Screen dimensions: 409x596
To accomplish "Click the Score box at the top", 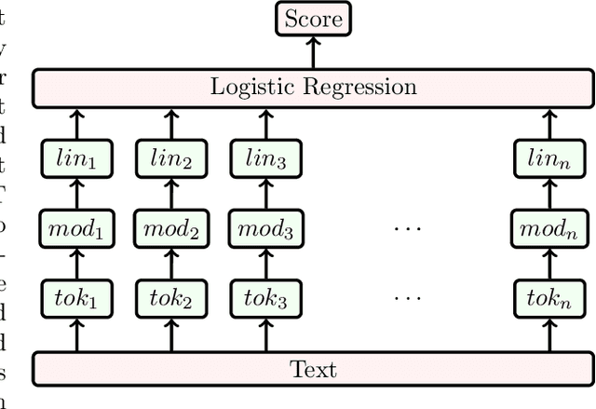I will pos(312,20).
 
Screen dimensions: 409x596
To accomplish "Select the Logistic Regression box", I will pos(312,89).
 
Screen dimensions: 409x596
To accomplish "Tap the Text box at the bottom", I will pos(312,369).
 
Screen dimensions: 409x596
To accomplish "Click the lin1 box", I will pos(76,160).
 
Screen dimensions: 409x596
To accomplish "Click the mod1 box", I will pos(76,229).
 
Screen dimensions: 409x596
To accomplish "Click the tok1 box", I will pos(76,299).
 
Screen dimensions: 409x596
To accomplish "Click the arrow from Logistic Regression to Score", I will pos(312,53).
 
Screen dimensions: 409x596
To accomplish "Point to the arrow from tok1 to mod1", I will pos(76,264).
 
